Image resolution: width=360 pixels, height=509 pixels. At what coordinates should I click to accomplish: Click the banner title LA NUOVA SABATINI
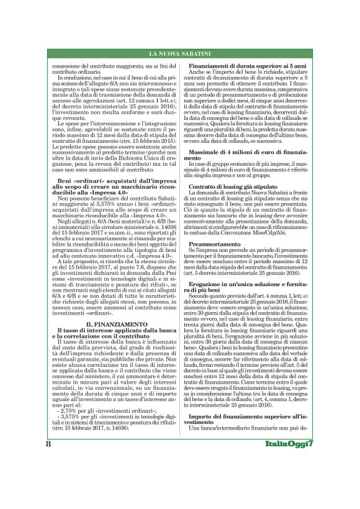tap(180, 55)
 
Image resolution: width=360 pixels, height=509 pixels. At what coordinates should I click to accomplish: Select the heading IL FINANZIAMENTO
tap(109, 323)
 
